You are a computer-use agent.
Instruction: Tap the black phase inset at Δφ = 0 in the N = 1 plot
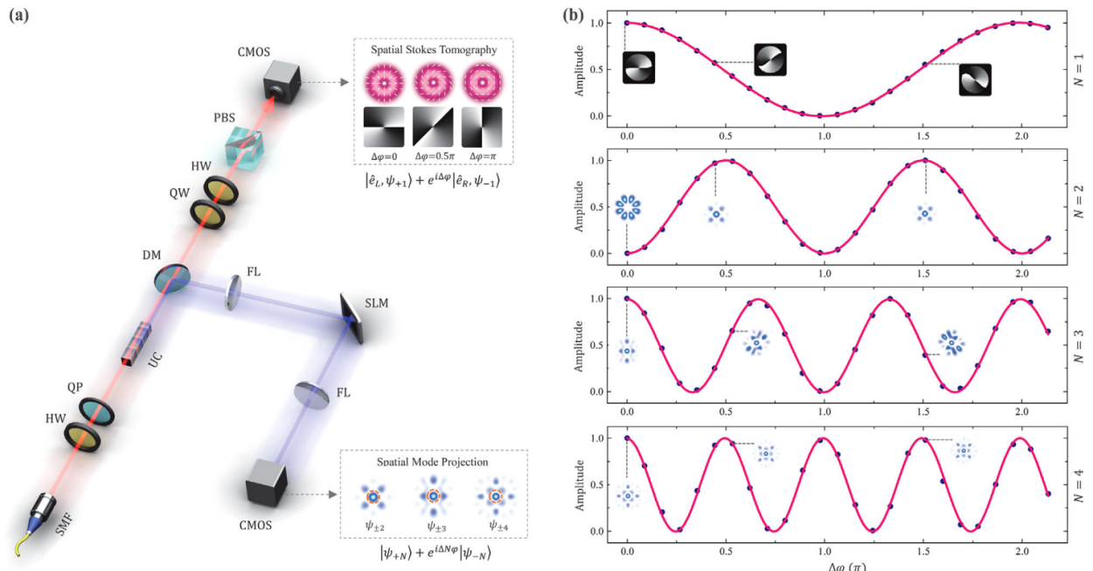pyautogui.click(x=639, y=67)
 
